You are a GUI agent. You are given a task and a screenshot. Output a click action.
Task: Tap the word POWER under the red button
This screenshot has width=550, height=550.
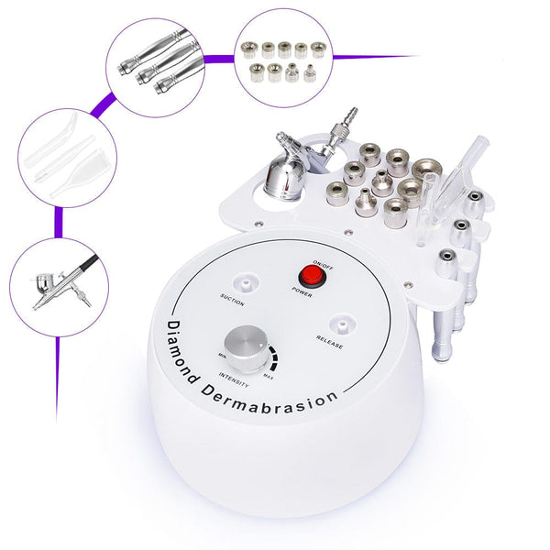pyautogui.click(x=303, y=295)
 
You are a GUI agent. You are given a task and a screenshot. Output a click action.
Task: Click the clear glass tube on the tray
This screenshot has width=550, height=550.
pyautogui.click(x=448, y=179)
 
